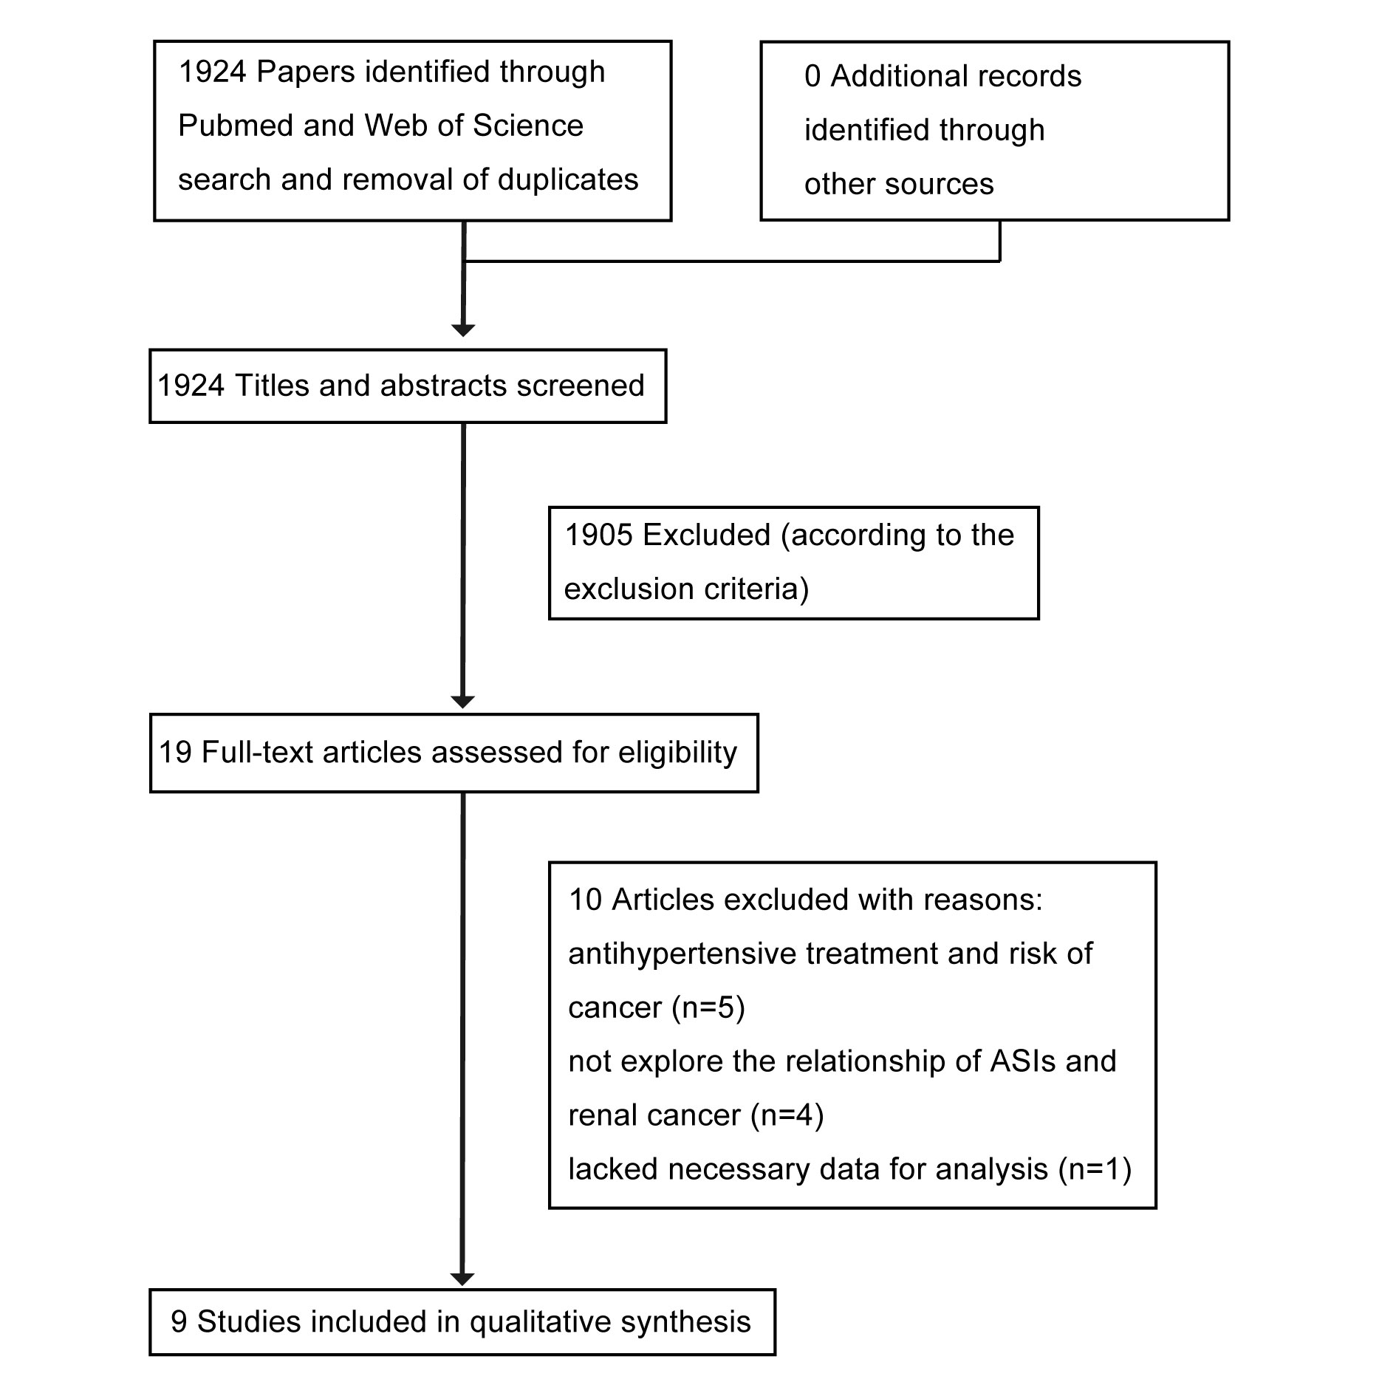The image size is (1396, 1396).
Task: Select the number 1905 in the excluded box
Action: (x=599, y=536)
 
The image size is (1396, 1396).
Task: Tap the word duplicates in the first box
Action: (x=568, y=180)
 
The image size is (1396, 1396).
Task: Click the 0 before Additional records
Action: (x=812, y=77)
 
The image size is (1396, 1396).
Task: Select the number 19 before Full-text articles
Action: (x=176, y=753)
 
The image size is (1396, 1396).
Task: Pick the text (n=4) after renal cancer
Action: (x=787, y=1115)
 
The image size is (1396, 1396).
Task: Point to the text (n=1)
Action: (x=1095, y=1169)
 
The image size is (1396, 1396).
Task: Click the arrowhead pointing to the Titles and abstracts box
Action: (x=463, y=330)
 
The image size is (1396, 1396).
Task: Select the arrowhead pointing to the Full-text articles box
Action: (x=462, y=702)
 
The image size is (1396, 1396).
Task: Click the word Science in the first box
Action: (x=528, y=126)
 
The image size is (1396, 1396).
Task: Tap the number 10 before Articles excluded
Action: (x=586, y=900)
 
